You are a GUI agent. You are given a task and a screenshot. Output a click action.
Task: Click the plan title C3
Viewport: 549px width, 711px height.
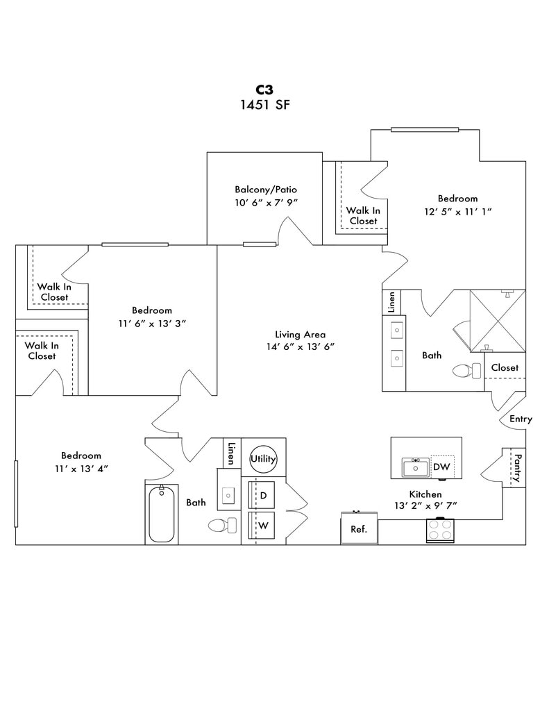point(264,90)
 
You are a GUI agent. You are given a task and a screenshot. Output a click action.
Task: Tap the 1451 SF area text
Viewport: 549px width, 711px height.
point(264,105)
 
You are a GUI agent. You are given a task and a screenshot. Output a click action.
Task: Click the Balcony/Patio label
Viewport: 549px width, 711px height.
point(266,189)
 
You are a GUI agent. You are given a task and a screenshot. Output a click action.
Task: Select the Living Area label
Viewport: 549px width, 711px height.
point(300,334)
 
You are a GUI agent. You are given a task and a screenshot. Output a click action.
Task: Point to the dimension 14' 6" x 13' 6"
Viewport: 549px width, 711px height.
point(301,346)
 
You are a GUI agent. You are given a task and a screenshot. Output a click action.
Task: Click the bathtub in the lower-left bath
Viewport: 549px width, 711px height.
point(162,515)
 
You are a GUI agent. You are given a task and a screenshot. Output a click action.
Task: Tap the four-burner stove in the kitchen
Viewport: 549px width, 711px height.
point(439,530)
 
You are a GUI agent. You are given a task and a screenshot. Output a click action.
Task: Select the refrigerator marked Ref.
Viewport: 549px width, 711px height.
point(358,528)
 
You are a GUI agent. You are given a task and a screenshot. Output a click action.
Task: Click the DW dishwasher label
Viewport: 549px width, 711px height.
point(441,467)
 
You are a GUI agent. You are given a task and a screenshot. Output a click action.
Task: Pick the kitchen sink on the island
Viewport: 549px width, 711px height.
point(416,468)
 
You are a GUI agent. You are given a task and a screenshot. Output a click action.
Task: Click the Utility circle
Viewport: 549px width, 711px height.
point(264,459)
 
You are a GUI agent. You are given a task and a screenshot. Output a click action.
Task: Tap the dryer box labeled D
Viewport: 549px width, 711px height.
point(263,495)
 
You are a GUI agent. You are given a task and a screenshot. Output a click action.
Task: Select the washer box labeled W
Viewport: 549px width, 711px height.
point(263,526)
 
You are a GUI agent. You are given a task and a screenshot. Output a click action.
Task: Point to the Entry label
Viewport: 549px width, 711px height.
point(521,419)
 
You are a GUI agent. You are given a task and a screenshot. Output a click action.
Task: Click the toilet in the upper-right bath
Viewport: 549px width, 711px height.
point(466,371)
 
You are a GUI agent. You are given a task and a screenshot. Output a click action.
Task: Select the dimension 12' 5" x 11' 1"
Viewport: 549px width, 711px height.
point(457,211)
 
